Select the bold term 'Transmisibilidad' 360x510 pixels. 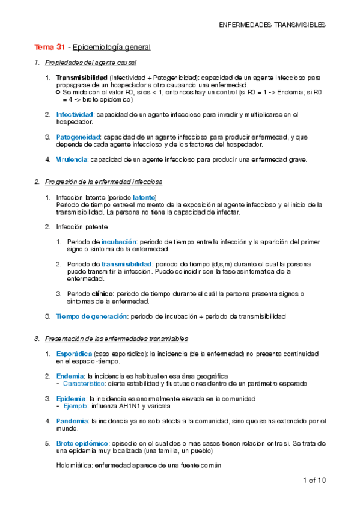(81, 78)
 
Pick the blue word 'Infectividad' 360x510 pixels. (75, 114)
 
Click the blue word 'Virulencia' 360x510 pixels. (72, 159)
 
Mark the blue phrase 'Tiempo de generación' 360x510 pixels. (91, 316)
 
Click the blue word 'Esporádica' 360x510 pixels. (75, 353)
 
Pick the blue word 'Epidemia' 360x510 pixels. (71, 399)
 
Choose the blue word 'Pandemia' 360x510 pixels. (73, 422)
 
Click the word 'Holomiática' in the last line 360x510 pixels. (75, 465)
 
